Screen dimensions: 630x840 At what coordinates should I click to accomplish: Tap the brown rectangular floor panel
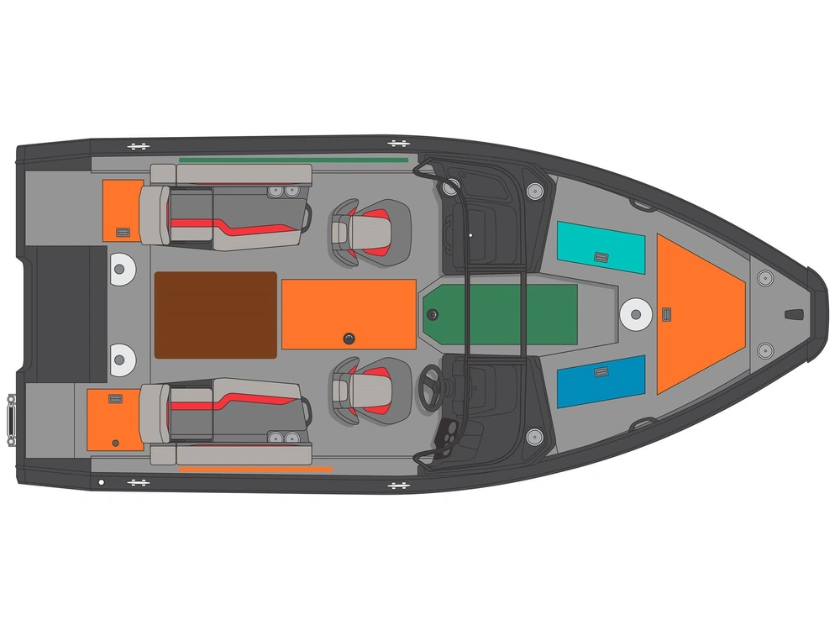tap(216, 314)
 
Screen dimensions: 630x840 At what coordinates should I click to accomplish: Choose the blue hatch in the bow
tap(601, 381)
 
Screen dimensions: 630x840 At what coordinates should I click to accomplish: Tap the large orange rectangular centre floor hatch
tap(349, 313)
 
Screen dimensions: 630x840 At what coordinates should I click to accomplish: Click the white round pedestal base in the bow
tap(636, 315)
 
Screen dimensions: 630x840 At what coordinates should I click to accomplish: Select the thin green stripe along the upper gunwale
tap(293, 159)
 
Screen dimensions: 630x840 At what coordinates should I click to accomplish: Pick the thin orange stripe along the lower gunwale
tap(255, 469)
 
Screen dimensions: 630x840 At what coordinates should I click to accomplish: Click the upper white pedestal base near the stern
tap(122, 270)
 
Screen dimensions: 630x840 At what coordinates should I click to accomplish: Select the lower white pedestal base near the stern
tap(122, 360)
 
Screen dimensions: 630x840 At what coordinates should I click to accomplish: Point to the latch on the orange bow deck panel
tap(666, 315)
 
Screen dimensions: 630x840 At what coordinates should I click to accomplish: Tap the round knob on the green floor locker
tap(433, 314)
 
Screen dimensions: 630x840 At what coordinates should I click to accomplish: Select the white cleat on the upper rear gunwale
tap(138, 146)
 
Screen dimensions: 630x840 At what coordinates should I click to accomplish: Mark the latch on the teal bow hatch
tap(601, 257)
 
